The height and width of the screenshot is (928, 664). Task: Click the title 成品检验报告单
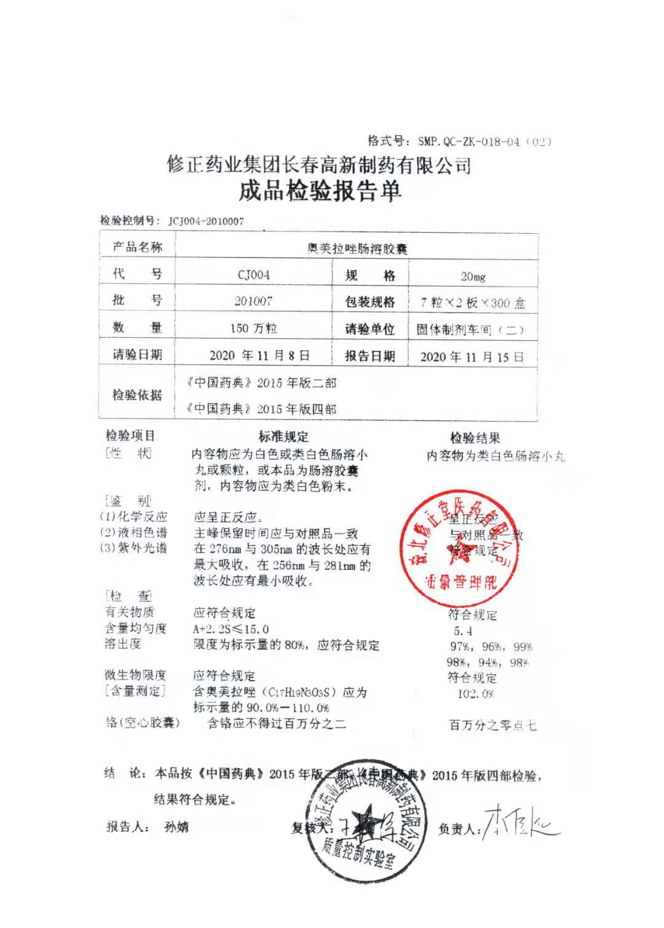(x=320, y=191)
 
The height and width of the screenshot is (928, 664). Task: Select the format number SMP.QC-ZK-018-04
(x=469, y=142)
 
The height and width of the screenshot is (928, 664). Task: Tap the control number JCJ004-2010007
(x=206, y=222)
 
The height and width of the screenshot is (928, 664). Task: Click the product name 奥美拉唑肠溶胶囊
(x=357, y=249)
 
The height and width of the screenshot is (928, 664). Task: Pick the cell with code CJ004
(x=253, y=275)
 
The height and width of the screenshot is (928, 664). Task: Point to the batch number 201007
(x=253, y=301)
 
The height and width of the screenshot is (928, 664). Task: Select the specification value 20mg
(x=473, y=276)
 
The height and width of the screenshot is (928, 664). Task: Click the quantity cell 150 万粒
(x=253, y=329)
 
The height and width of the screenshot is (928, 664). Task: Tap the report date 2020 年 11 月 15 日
(x=472, y=357)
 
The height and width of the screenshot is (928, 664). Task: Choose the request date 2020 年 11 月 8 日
(x=259, y=356)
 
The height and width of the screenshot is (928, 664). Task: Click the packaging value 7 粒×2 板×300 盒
(x=473, y=303)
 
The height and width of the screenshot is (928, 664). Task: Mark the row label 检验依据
(x=137, y=395)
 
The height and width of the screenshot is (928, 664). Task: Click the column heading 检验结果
(x=475, y=438)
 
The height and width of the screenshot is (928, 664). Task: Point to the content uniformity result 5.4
(x=463, y=631)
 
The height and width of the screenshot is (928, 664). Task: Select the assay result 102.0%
(x=475, y=694)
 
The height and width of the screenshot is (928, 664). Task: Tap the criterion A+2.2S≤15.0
(x=231, y=629)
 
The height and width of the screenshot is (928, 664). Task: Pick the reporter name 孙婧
(x=176, y=827)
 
